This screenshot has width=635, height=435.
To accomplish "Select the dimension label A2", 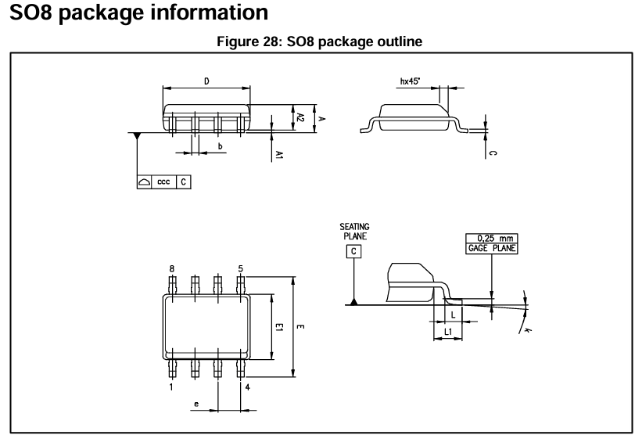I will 300,117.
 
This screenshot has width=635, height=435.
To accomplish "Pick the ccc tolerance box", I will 163,181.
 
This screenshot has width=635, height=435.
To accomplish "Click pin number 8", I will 172,268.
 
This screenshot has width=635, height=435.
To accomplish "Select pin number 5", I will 241,268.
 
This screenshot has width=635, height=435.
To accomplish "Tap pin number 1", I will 172,386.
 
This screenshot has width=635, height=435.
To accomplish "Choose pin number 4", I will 247,386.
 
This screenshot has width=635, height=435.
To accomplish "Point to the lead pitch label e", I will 196,404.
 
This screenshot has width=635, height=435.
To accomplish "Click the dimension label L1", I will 447,333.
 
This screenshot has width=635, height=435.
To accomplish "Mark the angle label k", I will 528,331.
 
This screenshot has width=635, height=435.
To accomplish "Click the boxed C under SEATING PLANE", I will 354,251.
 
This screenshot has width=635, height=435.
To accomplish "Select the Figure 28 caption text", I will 317,43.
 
